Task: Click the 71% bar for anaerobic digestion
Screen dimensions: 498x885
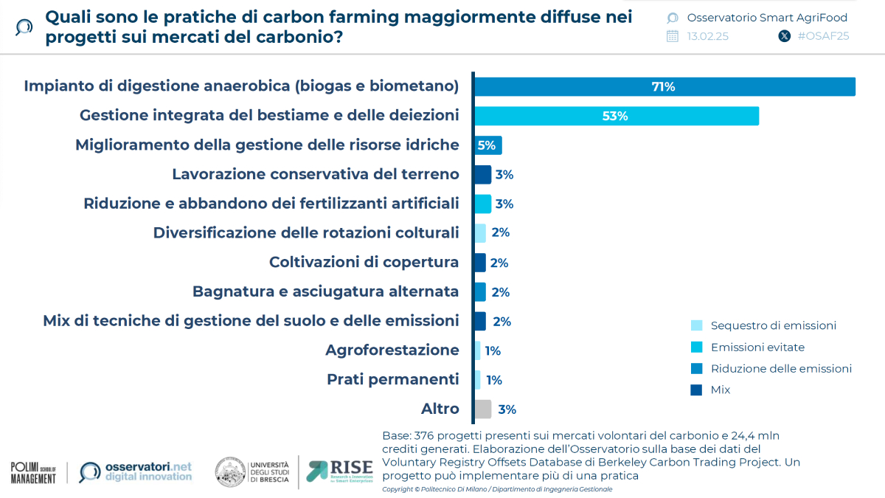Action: point(664,86)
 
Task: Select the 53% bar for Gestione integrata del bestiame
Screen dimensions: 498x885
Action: point(616,116)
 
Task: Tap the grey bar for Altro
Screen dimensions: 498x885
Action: point(482,409)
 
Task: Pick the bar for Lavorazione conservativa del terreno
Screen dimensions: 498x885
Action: point(482,175)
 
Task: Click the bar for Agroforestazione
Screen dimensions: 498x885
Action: point(477,350)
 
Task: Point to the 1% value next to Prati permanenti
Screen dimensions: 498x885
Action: point(493,380)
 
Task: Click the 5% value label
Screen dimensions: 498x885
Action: point(487,145)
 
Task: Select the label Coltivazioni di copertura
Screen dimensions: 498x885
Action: point(364,262)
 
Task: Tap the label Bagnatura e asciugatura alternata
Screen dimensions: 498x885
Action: point(325,291)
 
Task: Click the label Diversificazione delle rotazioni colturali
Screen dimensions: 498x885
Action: point(305,232)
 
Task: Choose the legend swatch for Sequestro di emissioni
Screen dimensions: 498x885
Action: point(696,325)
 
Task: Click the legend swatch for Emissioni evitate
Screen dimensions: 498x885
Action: point(696,347)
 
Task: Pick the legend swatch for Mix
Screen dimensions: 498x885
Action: point(696,390)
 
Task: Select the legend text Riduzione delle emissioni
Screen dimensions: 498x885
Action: point(781,368)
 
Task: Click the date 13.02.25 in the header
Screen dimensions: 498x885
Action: point(707,36)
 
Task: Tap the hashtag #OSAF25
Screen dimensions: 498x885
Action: point(823,36)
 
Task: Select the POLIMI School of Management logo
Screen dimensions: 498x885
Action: point(33,473)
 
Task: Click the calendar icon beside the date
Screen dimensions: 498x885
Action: point(672,36)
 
